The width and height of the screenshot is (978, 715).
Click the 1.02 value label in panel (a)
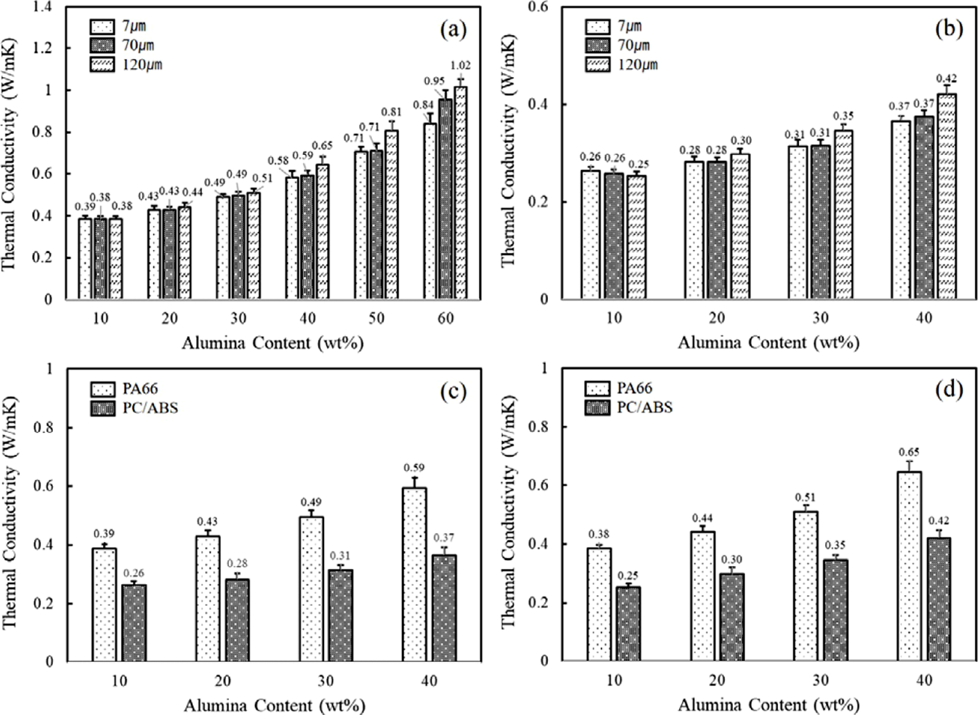click(x=461, y=66)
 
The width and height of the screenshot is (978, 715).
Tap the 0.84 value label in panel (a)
click(x=423, y=105)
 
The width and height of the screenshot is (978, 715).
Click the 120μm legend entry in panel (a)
click(x=127, y=64)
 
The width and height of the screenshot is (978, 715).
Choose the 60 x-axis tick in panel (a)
click(x=445, y=318)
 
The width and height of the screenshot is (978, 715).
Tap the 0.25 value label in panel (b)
click(x=639, y=165)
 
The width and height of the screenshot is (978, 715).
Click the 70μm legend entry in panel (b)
click(x=622, y=45)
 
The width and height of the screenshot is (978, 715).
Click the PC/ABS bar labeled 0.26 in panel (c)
click(x=134, y=623)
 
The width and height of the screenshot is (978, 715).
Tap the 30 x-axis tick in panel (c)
click(x=326, y=680)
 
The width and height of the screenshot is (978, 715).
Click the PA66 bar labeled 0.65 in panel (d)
click(x=909, y=566)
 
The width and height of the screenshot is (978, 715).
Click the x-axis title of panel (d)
click(x=768, y=705)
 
